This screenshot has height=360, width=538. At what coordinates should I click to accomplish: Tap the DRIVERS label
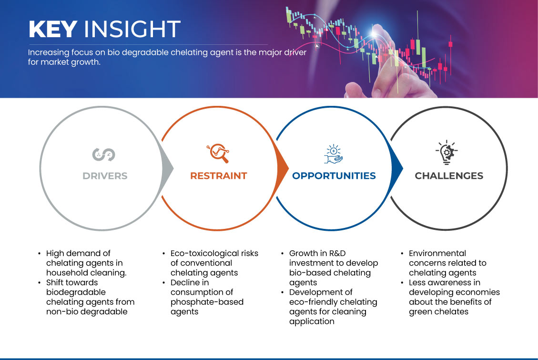point(105,176)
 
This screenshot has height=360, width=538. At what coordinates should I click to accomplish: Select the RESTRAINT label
point(219,176)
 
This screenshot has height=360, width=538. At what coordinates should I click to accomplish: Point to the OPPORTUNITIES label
point(334,176)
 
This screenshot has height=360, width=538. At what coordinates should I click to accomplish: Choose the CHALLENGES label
point(449,176)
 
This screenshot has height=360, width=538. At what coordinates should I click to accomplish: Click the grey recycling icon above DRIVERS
point(103,154)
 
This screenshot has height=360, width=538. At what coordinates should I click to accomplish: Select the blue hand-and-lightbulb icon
point(334,154)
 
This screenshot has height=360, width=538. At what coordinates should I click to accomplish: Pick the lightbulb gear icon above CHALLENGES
point(447,152)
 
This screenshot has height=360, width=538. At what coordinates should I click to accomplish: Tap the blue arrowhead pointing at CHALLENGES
point(397,168)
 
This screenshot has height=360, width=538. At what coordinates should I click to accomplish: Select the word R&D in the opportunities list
point(337,253)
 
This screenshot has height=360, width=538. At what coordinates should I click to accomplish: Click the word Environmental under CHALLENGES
point(437,253)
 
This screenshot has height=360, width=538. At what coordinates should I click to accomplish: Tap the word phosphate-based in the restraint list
point(207,302)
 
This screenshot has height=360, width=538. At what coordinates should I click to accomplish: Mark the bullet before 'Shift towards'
point(40,283)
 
